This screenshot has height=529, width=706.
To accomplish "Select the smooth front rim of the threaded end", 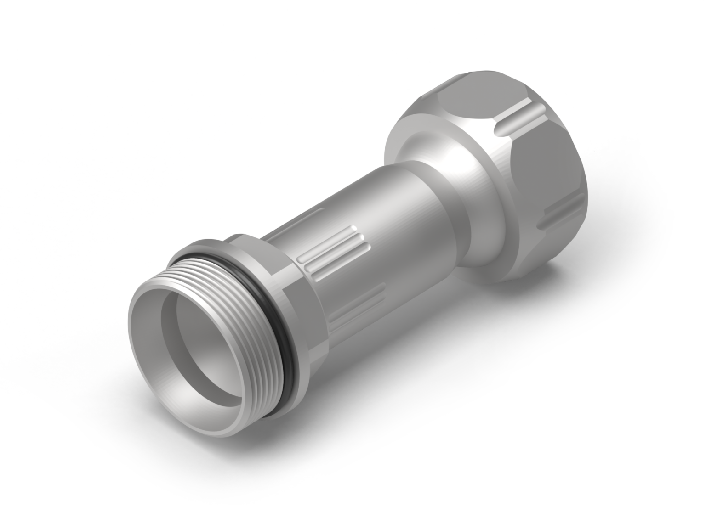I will [x=138, y=349].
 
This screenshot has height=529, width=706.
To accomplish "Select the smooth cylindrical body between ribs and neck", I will [x=404, y=220].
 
